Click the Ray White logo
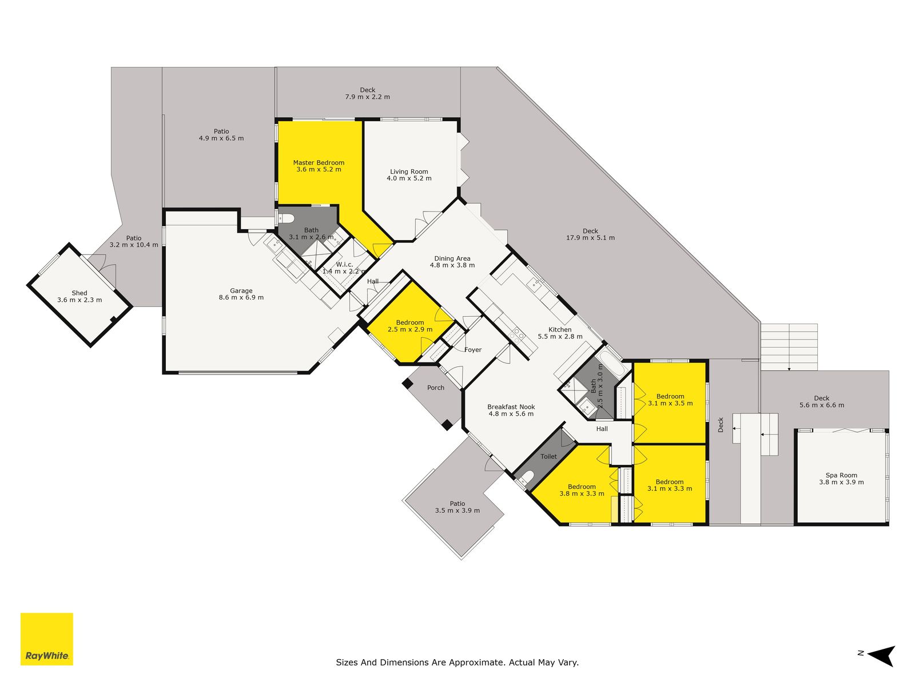click(x=47, y=639)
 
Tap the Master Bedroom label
click(x=319, y=163)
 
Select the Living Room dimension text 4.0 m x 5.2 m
click(x=409, y=178)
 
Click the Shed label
click(x=79, y=293)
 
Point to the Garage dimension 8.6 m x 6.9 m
click(x=241, y=297)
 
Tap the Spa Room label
click(x=841, y=475)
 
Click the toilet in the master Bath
click(x=286, y=218)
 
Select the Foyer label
click(x=473, y=350)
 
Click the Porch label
click(x=436, y=388)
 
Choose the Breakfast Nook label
click(x=511, y=407)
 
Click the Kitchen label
click(x=560, y=329)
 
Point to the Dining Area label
click(x=452, y=258)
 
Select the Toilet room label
click(x=548, y=456)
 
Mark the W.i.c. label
click(x=344, y=265)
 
